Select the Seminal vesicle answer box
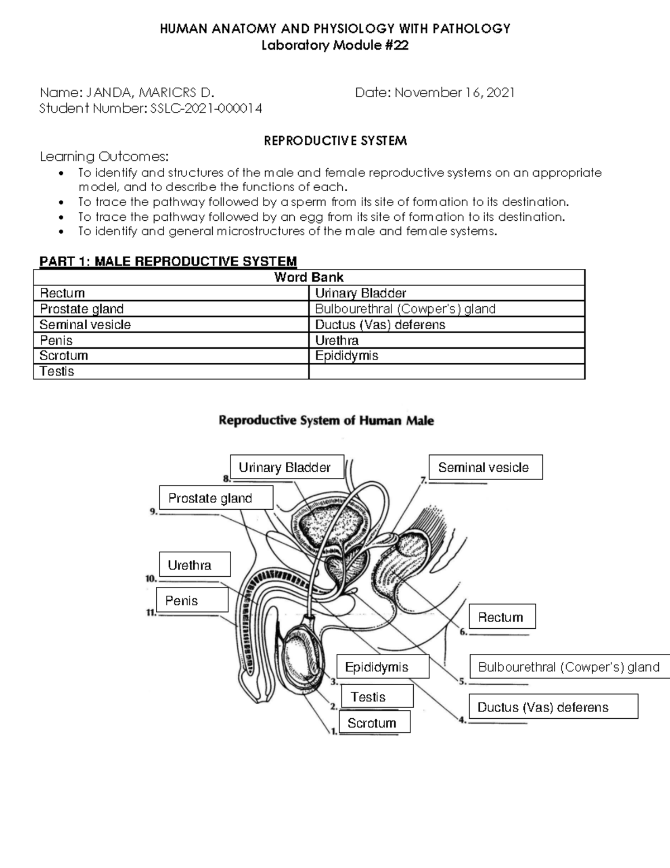click(485, 467)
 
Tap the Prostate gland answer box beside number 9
click(216, 497)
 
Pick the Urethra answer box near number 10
click(195, 565)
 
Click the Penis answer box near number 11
click(192, 600)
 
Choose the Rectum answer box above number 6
click(502, 616)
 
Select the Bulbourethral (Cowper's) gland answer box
click(569, 666)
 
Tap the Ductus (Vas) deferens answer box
click(553, 706)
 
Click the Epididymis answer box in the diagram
click(382, 667)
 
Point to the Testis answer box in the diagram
click(377, 696)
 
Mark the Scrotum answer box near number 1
click(375, 722)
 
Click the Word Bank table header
click(309, 277)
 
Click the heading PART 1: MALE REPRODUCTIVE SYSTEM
click(168, 262)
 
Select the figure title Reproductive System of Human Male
click(326, 420)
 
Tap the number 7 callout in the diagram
click(423, 479)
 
